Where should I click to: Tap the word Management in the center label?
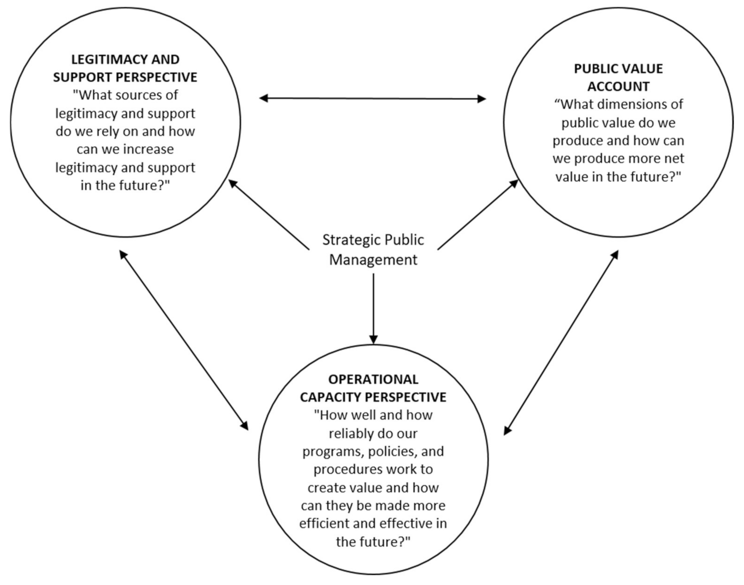coord(373,260)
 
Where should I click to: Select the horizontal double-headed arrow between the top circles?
coord(372,98)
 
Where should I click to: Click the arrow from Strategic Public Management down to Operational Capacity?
coord(373,308)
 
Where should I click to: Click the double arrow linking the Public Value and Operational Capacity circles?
coord(561,343)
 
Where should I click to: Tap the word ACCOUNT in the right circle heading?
coord(618,86)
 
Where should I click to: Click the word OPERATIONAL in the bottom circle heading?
coord(373,379)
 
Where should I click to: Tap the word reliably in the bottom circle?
coord(353,434)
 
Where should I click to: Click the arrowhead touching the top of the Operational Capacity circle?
coord(373,340)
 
